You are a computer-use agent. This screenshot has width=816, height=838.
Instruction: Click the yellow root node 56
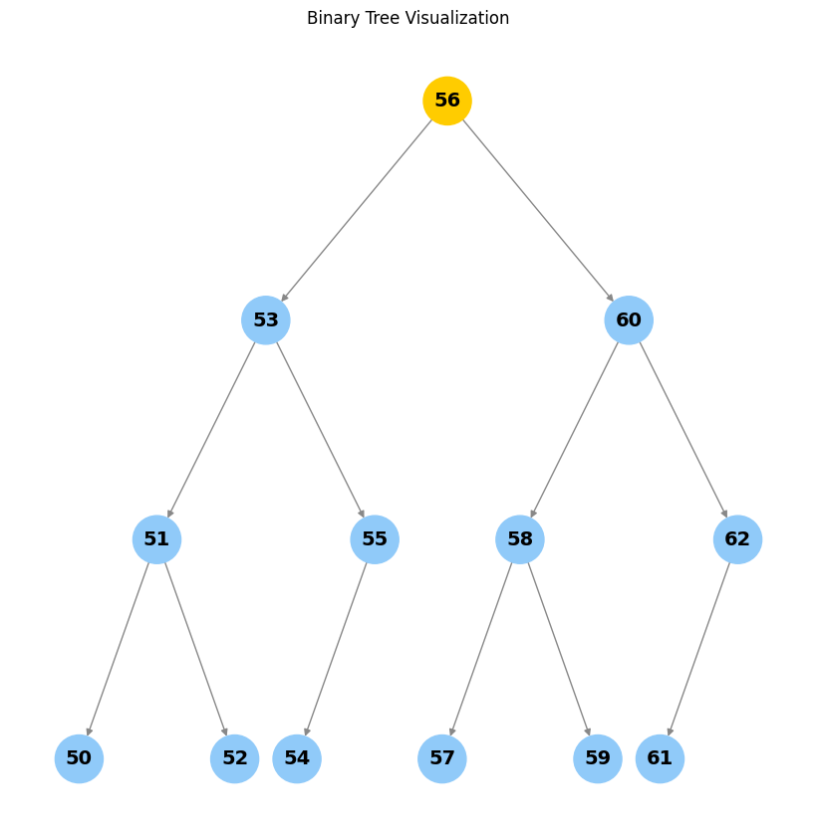coord(447,101)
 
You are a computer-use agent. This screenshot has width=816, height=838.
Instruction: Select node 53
coord(266,320)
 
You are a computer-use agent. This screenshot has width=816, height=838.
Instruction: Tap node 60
coord(629,320)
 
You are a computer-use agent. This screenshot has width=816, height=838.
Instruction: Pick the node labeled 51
coord(156,539)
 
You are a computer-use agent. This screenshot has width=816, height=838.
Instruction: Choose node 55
coord(375,539)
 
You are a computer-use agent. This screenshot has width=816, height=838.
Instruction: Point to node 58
coord(520,539)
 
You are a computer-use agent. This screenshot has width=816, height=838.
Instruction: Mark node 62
coord(737,539)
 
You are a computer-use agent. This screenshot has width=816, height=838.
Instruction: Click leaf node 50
coord(79,758)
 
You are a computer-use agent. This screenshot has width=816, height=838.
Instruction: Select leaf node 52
coord(234,758)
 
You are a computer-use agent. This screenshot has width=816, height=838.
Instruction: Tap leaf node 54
coord(297,758)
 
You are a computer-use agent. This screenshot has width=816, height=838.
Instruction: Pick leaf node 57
coord(442,758)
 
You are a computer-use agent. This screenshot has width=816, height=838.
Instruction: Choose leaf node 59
coord(598,758)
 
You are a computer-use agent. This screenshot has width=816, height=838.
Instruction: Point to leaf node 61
coord(660,758)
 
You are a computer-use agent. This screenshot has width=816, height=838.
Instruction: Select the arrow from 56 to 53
coord(357,211)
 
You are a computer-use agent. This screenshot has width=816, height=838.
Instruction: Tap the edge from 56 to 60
coord(538,211)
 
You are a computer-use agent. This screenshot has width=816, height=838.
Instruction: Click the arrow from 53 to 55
coord(321,430)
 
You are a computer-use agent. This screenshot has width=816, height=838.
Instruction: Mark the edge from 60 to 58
coord(574,430)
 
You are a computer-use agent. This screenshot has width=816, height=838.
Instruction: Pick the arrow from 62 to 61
coord(698,649)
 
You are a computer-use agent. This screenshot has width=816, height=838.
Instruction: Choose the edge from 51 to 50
coord(118,649)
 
